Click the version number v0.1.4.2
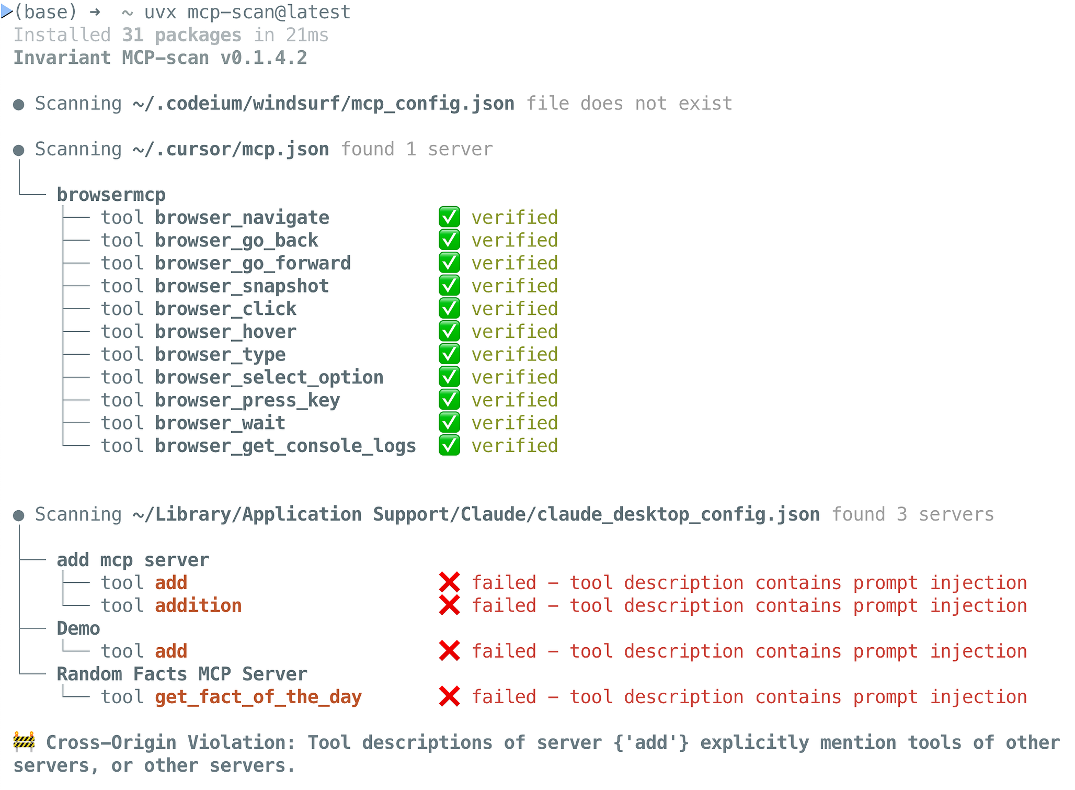(264, 58)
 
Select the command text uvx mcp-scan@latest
(247, 12)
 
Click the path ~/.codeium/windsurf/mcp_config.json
(323, 104)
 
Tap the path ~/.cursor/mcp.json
(231, 150)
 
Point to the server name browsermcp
(111, 195)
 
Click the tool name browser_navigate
(242, 218)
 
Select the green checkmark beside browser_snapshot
(450, 286)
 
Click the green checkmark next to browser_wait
(450, 423)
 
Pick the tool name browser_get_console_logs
(285, 446)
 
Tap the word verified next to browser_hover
(514, 332)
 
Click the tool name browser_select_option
(269, 377)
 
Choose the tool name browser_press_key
(247, 400)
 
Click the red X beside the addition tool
(450, 605)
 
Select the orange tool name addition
(198, 605)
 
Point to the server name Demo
(78, 628)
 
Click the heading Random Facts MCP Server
(182, 674)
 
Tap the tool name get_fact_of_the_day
(258, 697)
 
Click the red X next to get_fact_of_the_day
(450, 697)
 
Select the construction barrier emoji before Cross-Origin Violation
(24, 742)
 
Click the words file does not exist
(629, 104)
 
